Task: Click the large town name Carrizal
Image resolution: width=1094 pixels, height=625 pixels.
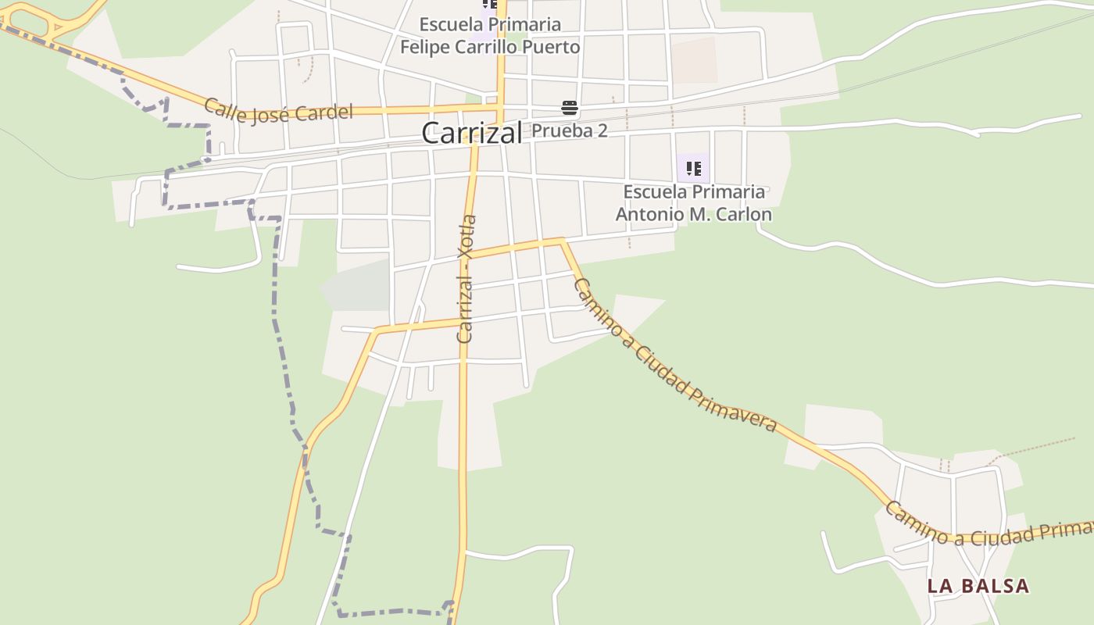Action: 471,133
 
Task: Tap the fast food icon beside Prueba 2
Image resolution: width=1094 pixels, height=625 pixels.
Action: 569,108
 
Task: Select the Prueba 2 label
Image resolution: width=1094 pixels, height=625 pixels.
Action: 570,130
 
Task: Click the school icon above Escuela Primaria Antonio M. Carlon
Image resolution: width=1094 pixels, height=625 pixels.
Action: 693,168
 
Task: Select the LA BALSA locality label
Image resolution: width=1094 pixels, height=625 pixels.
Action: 978,586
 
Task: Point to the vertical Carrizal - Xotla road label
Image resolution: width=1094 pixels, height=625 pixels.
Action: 467,278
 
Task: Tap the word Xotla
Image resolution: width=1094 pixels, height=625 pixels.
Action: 468,236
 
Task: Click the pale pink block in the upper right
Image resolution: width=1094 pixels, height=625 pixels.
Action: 694,59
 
